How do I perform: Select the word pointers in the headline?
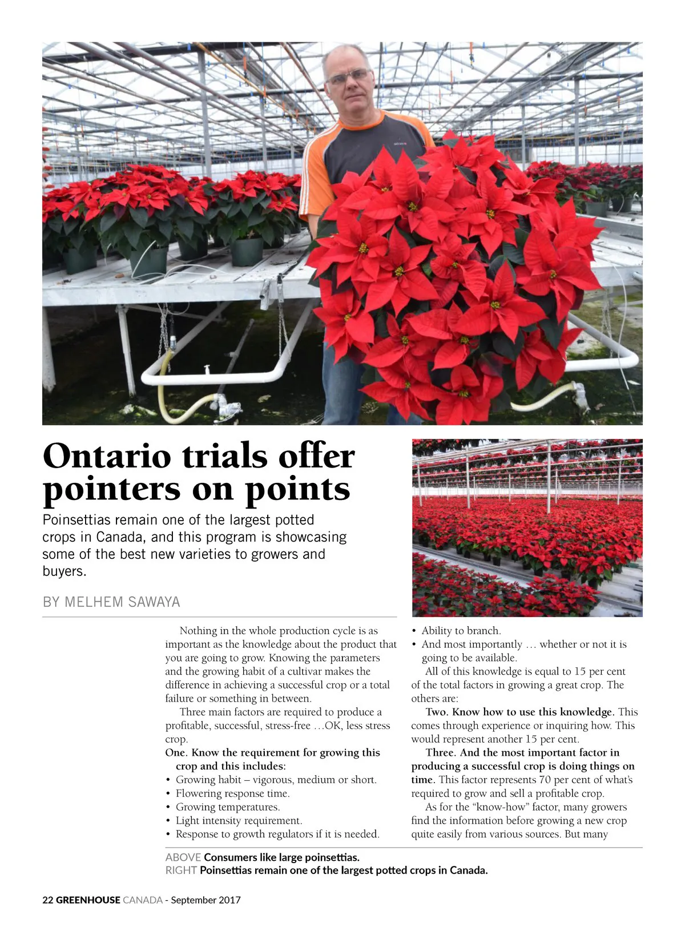tap(111, 489)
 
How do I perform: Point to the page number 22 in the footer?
tap(48, 900)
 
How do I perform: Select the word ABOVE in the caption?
tap(183, 857)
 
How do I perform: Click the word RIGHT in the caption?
tap(180, 870)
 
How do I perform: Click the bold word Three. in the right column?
tap(442, 752)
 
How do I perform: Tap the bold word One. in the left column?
tap(176, 752)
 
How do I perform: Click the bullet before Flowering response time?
tap(168, 794)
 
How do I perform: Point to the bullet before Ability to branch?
tap(414, 631)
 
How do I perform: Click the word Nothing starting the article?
tap(198, 631)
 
